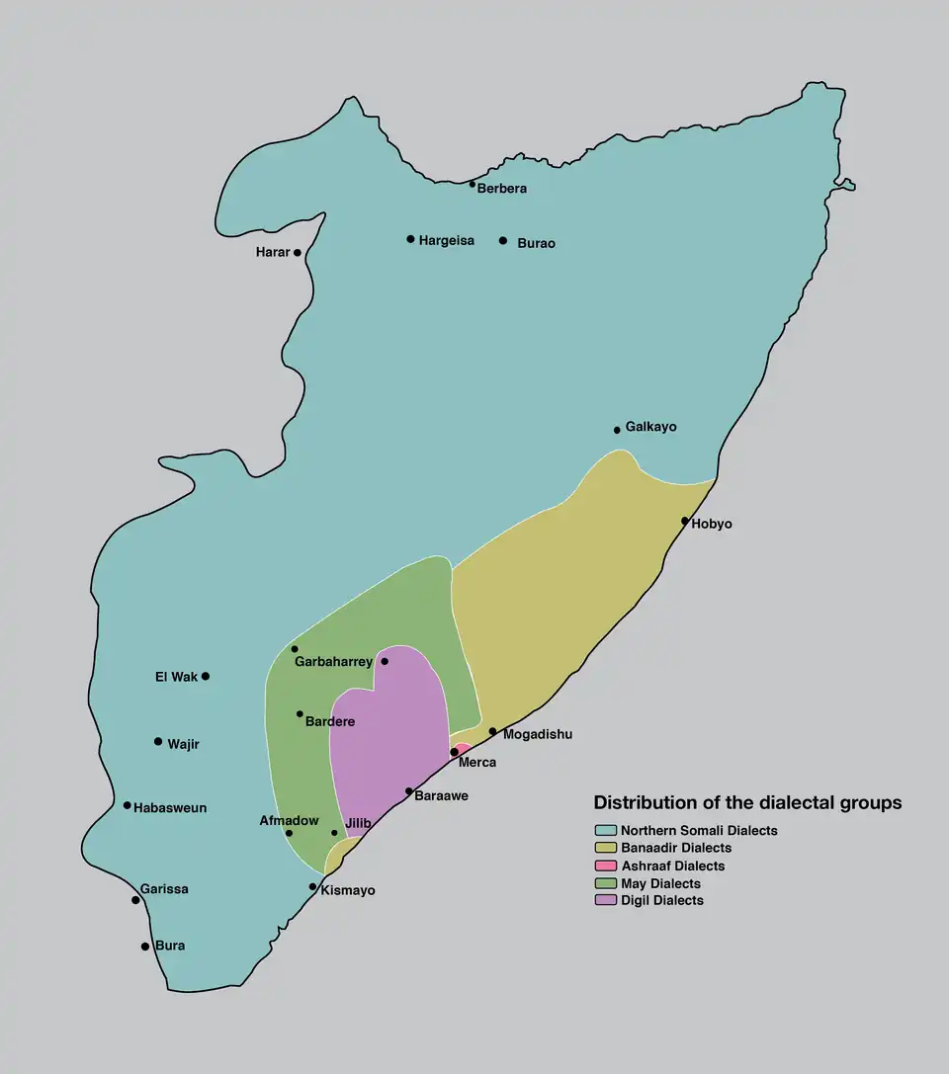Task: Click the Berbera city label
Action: coord(501,189)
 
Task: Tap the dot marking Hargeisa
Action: coord(410,239)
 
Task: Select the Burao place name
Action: coord(536,243)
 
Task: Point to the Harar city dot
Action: coord(298,253)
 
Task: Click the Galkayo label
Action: coord(650,427)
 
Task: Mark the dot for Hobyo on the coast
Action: coord(684,521)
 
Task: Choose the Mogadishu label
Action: coord(537,734)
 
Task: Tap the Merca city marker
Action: coord(454,753)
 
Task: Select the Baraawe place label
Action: coord(441,795)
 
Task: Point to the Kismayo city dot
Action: coord(313,886)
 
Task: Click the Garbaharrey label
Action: coord(333,662)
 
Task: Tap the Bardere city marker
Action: coord(300,713)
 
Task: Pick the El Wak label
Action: coord(176,677)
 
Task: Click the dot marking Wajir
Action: coord(158,741)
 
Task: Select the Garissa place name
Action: coord(164,889)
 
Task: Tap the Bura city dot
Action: coord(145,947)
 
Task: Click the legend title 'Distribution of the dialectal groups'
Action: coord(747,803)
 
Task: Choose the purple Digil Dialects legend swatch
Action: coord(605,900)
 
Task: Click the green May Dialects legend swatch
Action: coord(605,882)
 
